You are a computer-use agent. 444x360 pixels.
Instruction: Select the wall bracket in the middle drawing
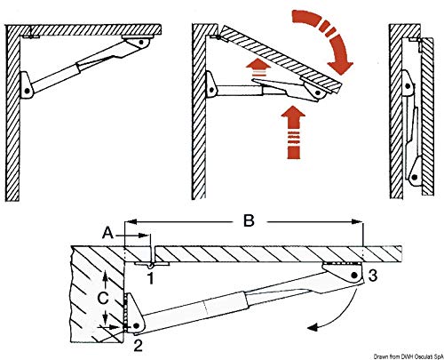213,86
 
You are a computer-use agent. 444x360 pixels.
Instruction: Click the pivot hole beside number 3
354,276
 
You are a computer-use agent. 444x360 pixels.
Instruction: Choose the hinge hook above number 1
152,263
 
